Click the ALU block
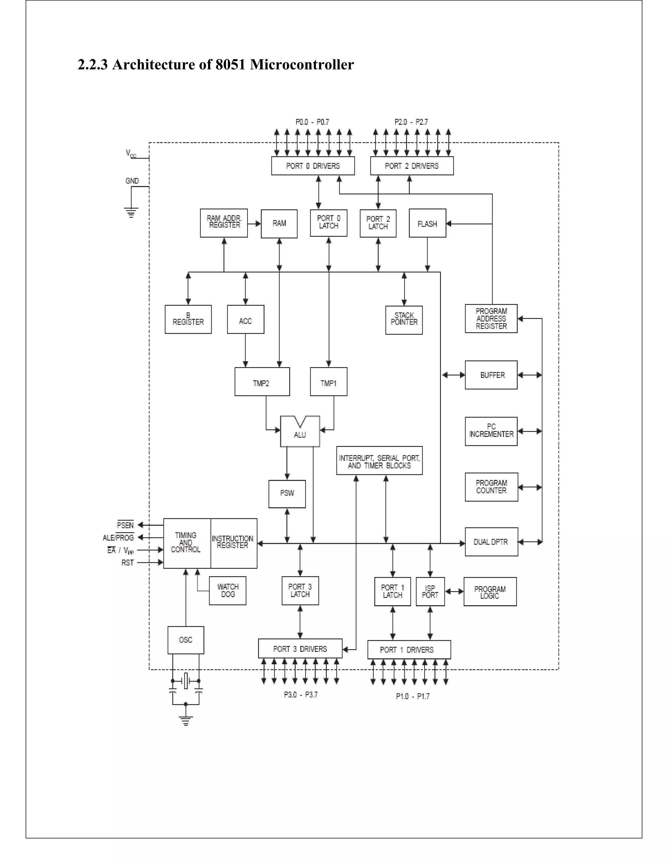pos(300,432)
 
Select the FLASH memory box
pos(427,224)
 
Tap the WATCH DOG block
pos(228,591)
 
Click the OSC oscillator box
pos(186,640)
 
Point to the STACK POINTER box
pos(404,319)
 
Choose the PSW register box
pos(287,493)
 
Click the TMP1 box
pos(328,382)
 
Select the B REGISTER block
pos(188,319)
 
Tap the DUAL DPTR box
pos(491,542)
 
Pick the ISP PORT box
pos(430,591)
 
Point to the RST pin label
pos(128,562)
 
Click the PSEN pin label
pos(126,525)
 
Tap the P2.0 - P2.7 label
pos(411,122)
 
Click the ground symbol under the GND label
pos(131,213)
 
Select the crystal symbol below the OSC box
pos(186,681)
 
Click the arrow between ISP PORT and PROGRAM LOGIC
pos(454,592)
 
